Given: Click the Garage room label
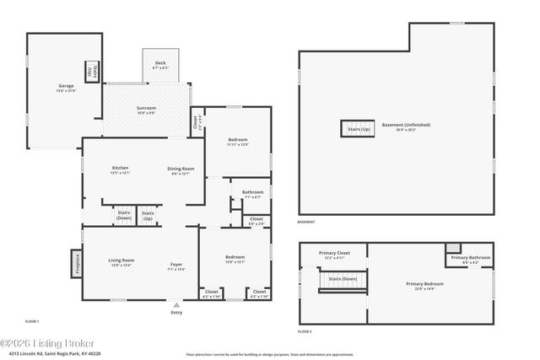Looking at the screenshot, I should point(66,87).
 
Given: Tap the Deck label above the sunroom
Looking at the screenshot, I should point(160,64).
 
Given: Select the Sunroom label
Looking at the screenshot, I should point(146,109).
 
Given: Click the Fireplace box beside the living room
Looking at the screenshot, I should point(76,264).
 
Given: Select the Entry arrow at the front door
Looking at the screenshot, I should point(175,305).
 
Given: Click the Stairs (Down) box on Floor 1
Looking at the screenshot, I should point(124,216).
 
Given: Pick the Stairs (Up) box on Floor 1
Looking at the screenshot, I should point(148,216).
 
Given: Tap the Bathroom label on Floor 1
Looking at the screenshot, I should point(253,194).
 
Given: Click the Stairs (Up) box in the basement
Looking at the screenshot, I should point(356,129).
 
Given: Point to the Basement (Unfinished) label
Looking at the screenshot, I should point(406,126).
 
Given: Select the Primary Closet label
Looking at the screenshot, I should point(334,254).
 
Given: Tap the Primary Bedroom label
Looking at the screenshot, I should point(424,285).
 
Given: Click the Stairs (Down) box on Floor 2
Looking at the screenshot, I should point(342,280).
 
